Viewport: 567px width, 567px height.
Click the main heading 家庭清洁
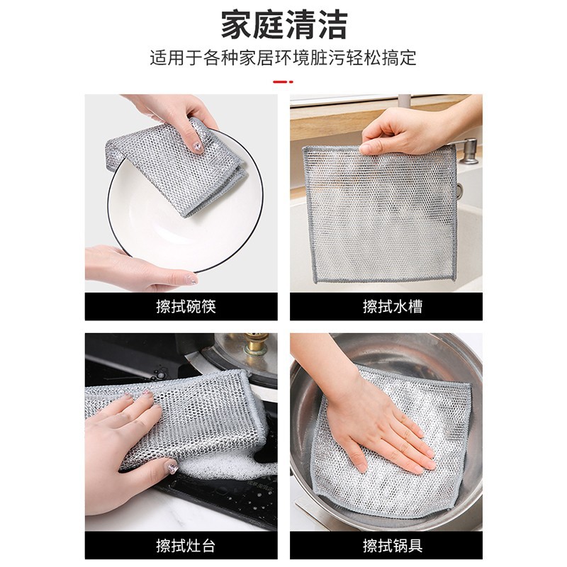click(x=284, y=25)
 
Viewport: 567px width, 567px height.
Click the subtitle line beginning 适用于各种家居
click(x=283, y=58)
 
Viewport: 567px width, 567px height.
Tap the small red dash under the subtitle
click(x=283, y=82)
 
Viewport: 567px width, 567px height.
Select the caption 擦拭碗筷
click(x=186, y=307)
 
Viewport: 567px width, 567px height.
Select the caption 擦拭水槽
click(x=393, y=307)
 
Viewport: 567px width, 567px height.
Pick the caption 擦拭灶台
click(x=186, y=546)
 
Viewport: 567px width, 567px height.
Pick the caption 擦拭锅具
click(x=393, y=546)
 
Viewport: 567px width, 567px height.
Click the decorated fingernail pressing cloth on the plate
click(x=198, y=147)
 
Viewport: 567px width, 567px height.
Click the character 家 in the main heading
click(x=237, y=25)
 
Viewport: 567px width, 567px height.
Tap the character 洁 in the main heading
click(x=332, y=25)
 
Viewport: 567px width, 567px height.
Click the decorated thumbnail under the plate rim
click(x=190, y=279)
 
